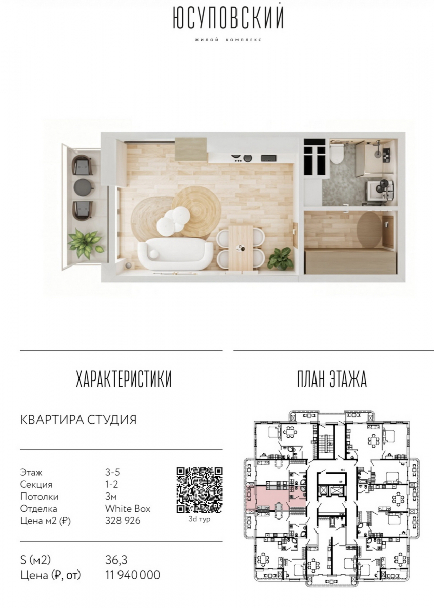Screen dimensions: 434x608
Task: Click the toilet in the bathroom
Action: coord(337,154)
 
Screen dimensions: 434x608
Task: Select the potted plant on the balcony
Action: coord(85,243)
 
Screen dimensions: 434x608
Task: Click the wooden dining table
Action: coord(241,248)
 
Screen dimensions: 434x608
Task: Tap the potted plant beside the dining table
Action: coord(281,258)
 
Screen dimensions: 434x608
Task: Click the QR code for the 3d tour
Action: coord(200,490)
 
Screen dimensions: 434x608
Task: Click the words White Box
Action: coord(128,508)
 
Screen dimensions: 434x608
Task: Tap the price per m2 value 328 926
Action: coord(123,520)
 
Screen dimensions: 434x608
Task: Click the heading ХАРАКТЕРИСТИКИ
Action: coord(124,379)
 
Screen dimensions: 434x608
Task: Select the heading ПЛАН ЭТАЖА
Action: coord(332,379)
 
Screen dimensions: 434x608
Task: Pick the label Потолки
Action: coord(40,497)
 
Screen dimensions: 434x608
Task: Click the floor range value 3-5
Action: coord(112,473)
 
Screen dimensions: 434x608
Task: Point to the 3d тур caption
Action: coord(200,519)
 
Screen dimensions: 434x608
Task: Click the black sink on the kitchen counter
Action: coord(268,158)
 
